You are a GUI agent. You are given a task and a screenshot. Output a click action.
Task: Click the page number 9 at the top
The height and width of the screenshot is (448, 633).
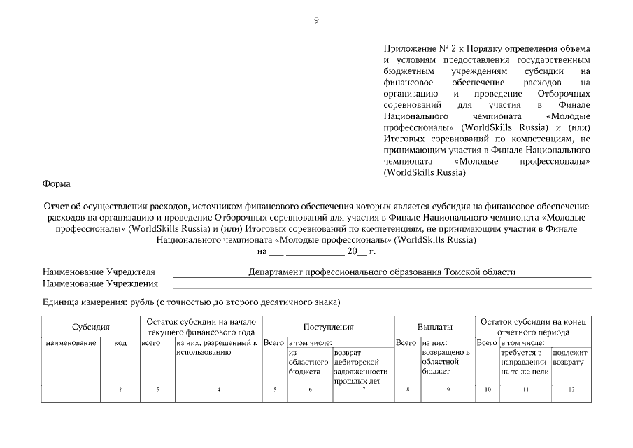click(x=316, y=20)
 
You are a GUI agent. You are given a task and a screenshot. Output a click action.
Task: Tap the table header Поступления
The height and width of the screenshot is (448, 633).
click(x=328, y=327)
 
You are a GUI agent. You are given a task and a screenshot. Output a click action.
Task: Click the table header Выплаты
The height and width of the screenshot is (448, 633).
click(x=434, y=327)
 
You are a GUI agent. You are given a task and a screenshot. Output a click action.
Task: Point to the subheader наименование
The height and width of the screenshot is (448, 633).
click(x=71, y=343)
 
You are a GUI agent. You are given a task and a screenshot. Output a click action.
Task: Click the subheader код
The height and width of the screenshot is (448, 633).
click(x=120, y=343)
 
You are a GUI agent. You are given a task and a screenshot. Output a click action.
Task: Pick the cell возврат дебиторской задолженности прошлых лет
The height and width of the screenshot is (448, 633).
click(x=360, y=366)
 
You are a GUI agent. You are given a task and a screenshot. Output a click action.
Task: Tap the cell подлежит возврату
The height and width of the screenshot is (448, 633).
click(x=570, y=358)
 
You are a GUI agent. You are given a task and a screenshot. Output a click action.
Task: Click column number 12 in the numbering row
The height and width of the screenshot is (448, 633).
click(x=571, y=388)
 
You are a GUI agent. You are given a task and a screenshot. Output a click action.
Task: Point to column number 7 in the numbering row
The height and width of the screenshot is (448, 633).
click(x=363, y=388)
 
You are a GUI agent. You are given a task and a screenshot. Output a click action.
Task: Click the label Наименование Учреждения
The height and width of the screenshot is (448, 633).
click(x=100, y=283)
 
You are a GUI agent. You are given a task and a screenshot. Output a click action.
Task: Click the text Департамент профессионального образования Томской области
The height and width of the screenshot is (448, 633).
click(x=382, y=272)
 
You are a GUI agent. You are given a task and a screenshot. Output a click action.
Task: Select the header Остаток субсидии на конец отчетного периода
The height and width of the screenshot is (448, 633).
click(x=534, y=327)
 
